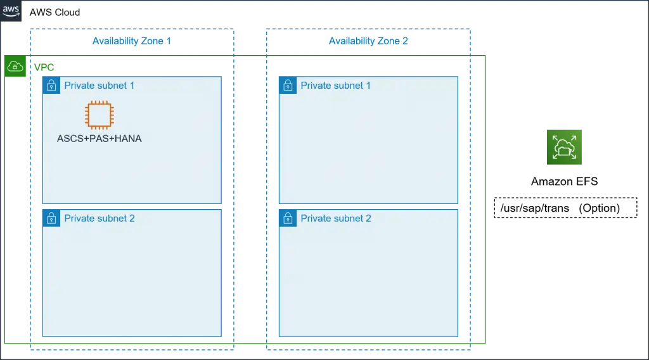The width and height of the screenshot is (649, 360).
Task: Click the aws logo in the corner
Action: click(x=11, y=11)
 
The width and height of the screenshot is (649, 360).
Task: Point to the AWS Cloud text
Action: click(x=55, y=13)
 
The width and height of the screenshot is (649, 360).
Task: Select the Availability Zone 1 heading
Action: click(x=132, y=41)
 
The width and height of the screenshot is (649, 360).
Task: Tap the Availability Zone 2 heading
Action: click(x=368, y=41)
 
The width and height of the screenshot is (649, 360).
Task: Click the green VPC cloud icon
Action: click(x=15, y=66)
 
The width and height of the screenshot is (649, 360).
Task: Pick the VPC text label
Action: click(x=44, y=67)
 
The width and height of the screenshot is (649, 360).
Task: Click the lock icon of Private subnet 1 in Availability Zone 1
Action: click(x=51, y=85)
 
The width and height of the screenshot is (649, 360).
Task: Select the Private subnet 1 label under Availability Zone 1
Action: click(x=100, y=86)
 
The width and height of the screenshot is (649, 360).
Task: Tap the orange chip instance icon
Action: click(x=100, y=115)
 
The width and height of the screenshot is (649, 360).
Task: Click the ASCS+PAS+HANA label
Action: click(x=100, y=139)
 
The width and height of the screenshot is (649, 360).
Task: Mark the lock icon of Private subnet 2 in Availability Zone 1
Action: click(x=51, y=218)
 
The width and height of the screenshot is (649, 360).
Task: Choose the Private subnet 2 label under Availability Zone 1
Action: click(x=100, y=219)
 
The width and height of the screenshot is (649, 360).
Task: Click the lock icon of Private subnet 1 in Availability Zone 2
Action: click(x=288, y=85)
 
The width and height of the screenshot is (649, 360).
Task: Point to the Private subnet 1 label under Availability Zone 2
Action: click(x=336, y=86)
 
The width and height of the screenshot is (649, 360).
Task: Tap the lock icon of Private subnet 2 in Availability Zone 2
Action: click(x=288, y=218)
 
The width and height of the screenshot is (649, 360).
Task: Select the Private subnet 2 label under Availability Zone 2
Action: click(x=336, y=219)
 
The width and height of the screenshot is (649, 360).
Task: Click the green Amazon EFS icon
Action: click(x=564, y=147)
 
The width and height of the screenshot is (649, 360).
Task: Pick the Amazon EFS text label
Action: click(x=565, y=182)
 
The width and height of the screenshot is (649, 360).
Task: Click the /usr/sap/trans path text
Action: click(x=535, y=208)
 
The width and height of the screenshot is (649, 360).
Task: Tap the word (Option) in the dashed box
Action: click(x=600, y=208)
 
